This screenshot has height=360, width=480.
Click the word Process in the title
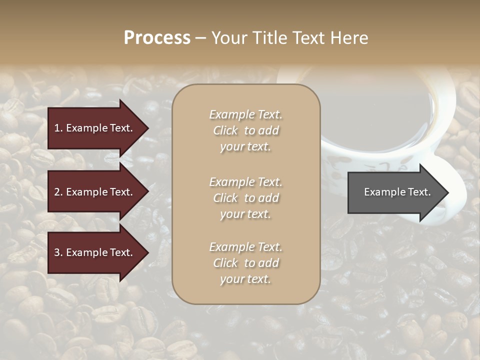[157, 38]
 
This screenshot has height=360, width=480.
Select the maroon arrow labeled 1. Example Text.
[95, 128]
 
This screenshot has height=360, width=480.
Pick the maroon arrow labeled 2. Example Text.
[95, 192]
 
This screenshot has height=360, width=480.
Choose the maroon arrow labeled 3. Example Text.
[95, 252]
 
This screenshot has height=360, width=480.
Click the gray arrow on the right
[395, 192]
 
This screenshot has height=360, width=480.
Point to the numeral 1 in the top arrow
[56, 128]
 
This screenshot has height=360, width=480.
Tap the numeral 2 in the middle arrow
[57, 192]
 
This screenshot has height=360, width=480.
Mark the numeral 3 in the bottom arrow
[57, 252]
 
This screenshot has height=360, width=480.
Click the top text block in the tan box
[245, 130]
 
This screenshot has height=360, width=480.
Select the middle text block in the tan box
[245, 198]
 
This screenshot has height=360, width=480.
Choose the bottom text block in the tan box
[245, 263]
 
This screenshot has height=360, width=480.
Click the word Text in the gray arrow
[419, 192]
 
